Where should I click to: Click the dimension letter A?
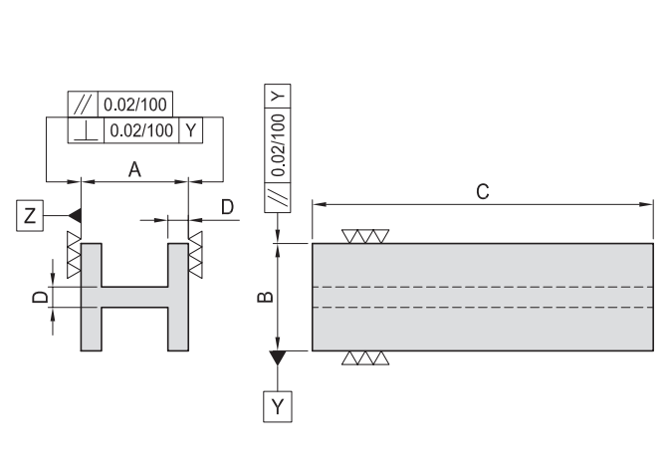[x=134, y=170]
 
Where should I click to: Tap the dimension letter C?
[x=482, y=191]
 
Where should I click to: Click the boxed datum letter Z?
[x=32, y=215]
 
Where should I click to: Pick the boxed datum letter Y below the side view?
[x=278, y=406]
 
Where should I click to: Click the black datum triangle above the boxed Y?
[x=278, y=356]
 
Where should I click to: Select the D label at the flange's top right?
[x=228, y=207]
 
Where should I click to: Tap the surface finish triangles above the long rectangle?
[x=364, y=236]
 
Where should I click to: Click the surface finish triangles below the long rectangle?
[x=364, y=357]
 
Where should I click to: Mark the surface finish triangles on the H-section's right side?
[x=196, y=255]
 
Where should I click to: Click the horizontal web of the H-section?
[x=133, y=297]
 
